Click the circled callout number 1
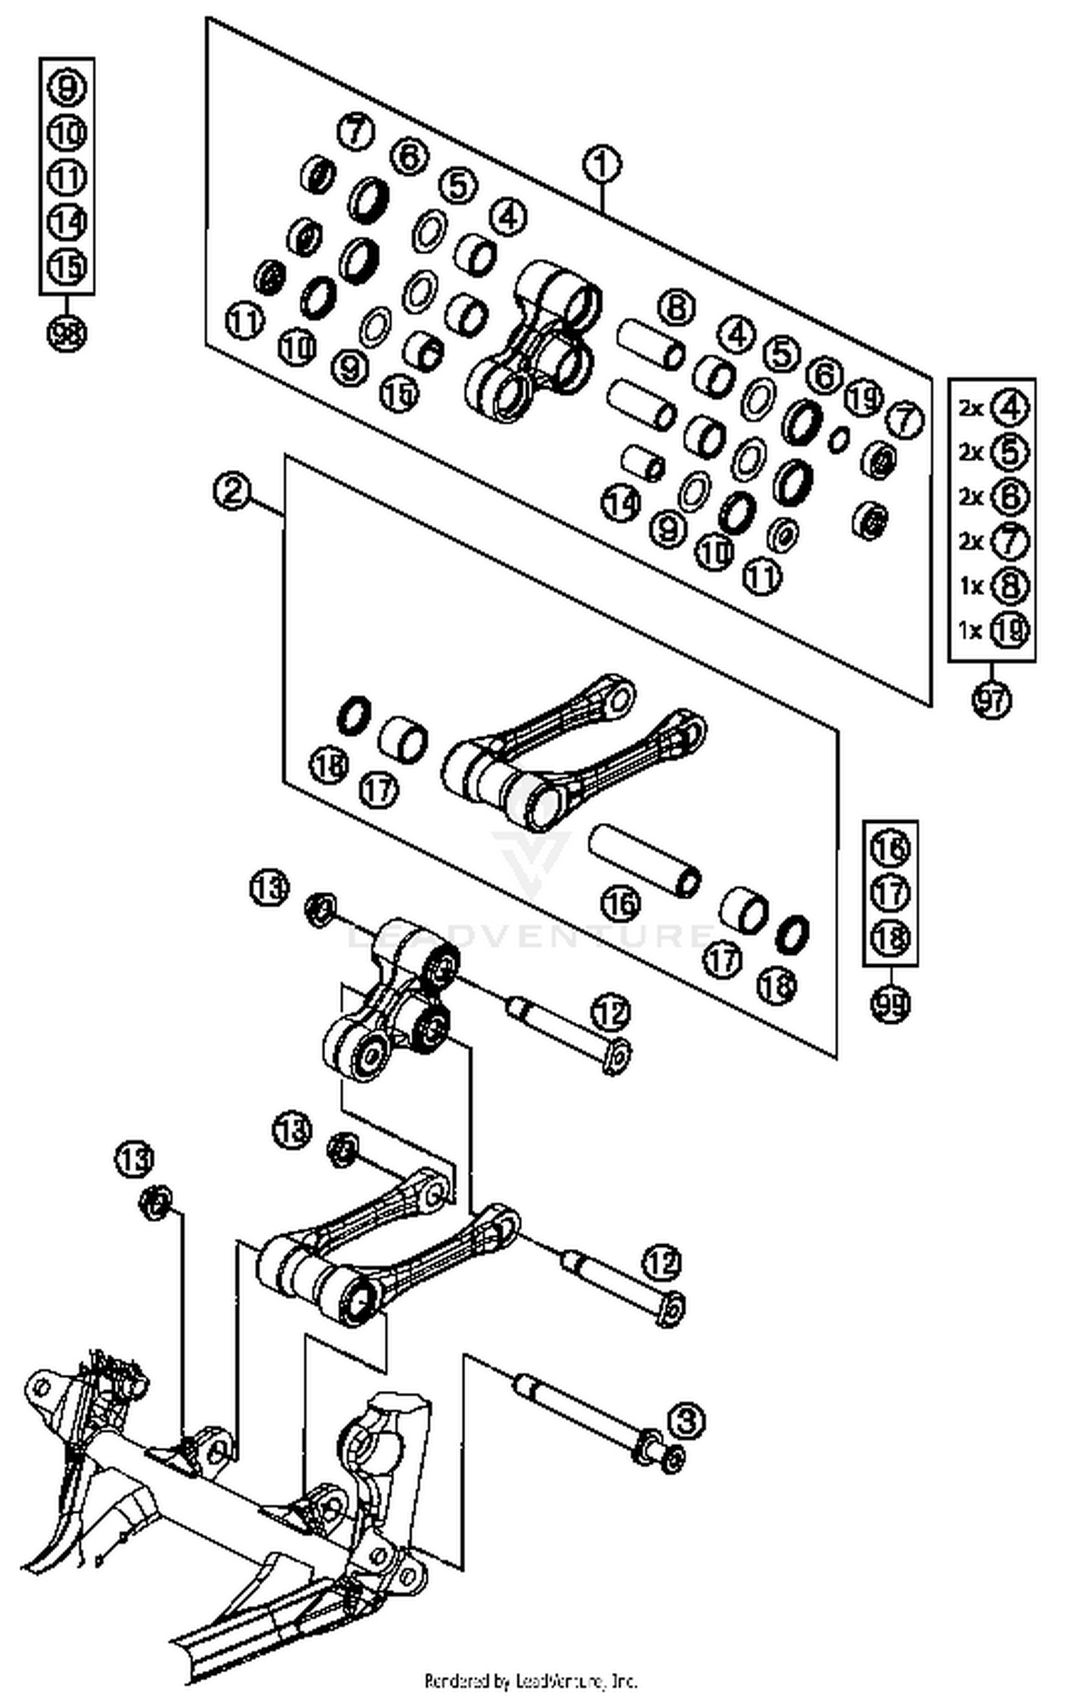(x=601, y=165)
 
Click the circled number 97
(x=991, y=700)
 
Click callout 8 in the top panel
(x=677, y=307)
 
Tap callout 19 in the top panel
(x=863, y=398)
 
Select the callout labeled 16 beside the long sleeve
(x=621, y=903)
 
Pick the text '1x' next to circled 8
(x=971, y=586)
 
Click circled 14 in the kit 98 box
(x=67, y=222)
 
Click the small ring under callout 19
(x=839, y=438)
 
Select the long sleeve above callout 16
(x=645, y=861)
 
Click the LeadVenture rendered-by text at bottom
(x=531, y=1681)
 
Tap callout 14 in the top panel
(x=621, y=503)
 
